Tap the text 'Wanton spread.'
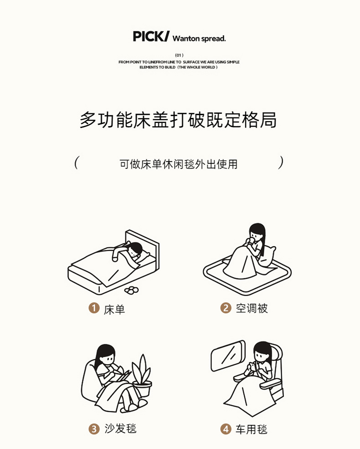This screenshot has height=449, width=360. click(x=199, y=38)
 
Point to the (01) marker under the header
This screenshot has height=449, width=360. click(x=179, y=55)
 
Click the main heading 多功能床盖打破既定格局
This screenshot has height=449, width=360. click(x=178, y=120)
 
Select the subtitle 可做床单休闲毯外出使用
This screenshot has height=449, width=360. click(x=179, y=164)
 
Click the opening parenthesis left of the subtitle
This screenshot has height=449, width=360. click(x=76, y=163)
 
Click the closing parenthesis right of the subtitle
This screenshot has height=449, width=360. click(x=281, y=163)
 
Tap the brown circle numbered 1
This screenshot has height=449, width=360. click(x=94, y=308)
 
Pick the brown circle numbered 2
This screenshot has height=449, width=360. click(x=226, y=308)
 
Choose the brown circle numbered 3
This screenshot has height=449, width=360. click(x=94, y=429)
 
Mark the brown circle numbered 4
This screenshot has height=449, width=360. click(x=226, y=429)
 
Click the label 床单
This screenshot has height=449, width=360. click(x=114, y=310)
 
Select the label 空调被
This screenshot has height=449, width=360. click(x=252, y=308)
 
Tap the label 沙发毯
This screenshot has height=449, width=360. click(x=120, y=429)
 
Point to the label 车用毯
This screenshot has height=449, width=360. click(x=252, y=429)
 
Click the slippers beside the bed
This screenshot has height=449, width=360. click(x=132, y=290)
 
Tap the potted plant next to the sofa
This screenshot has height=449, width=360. click(x=142, y=376)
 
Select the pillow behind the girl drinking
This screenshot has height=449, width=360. click(x=268, y=255)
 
